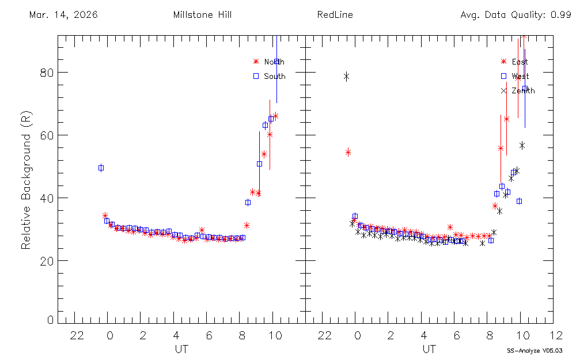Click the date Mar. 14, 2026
point(63,15)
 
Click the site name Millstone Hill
point(202,15)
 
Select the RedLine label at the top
point(335,15)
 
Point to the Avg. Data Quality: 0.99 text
point(516,15)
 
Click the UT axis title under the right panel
point(429,349)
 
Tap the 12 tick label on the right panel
point(556,335)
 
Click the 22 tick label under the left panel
point(78,335)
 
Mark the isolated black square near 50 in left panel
point(101,168)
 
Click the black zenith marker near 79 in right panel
point(347,76)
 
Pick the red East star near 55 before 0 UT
point(348,152)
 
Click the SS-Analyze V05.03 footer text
point(535,350)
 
